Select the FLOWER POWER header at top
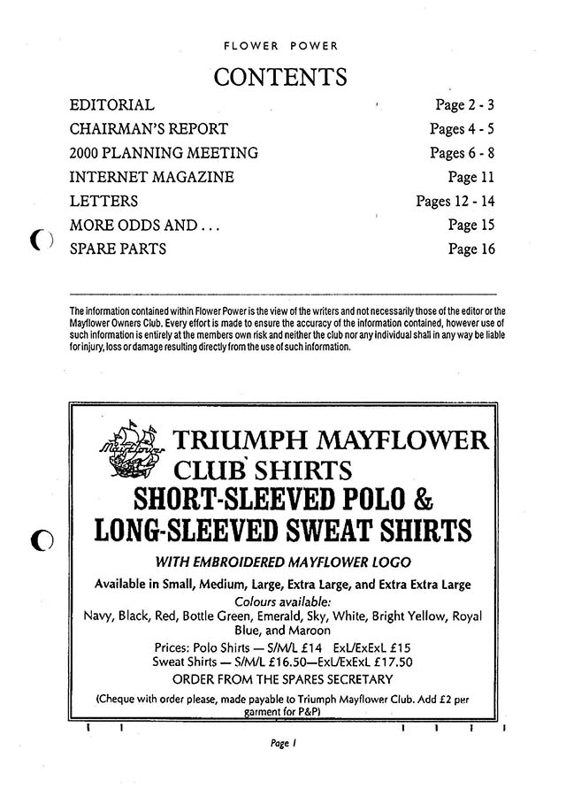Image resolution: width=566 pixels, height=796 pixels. (281, 44)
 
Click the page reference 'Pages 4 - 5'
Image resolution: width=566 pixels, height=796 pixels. (462, 129)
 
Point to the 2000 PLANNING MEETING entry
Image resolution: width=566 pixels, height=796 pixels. (164, 153)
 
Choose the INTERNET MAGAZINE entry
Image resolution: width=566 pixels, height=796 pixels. (151, 177)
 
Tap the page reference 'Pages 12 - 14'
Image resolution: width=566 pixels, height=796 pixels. (455, 201)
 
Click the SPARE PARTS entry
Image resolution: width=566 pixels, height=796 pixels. (118, 249)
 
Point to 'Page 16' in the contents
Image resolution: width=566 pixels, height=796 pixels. (470, 249)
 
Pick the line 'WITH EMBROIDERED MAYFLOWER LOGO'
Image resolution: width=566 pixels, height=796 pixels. (282, 563)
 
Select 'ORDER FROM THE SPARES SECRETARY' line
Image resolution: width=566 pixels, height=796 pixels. (282, 679)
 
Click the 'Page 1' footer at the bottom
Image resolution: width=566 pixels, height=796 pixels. (282, 746)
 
